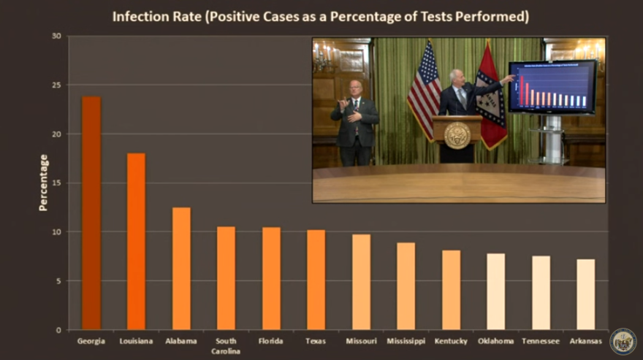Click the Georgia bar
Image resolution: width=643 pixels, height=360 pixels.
tap(91, 212)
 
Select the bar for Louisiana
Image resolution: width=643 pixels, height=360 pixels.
tap(136, 241)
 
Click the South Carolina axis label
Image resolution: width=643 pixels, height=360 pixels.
tap(226, 345)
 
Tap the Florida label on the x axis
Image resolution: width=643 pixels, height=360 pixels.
tap(271, 341)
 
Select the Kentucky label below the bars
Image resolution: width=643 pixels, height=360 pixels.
tap(451, 341)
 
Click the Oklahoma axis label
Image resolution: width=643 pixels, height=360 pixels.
tap(495, 341)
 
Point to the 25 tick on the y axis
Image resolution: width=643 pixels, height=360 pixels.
tap(56, 85)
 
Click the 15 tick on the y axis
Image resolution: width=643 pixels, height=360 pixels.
tap(56, 183)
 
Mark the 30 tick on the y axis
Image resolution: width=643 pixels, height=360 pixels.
tap(56, 36)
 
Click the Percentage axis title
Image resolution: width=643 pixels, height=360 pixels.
tap(43, 183)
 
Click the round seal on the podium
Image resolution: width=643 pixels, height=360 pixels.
tap(457, 135)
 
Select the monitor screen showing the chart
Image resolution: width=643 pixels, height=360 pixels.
tap(552, 85)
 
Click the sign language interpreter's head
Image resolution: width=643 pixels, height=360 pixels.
tap(355, 88)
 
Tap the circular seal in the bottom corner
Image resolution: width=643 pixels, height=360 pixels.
tap(623, 340)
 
